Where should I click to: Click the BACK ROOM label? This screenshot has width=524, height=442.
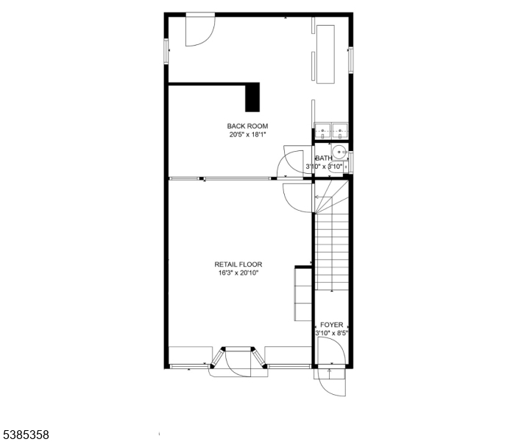(x=247, y=126)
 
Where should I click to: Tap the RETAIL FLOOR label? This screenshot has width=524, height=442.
(x=238, y=264)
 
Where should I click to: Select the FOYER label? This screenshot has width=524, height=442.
(x=331, y=325)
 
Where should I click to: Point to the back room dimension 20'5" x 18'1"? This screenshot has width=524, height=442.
(x=247, y=135)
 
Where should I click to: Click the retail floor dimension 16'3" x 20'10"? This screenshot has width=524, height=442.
(x=238, y=273)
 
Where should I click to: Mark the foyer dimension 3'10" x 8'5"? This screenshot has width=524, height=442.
(x=332, y=333)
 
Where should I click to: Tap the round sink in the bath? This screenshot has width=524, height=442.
(x=339, y=152)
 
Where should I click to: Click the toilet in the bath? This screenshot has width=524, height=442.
(x=336, y=168)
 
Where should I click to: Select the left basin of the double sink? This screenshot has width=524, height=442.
(x=322, y=130)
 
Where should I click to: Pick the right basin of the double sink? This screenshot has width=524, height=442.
(x=340, y=130)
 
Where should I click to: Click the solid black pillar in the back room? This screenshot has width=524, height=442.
(x=252, y=97)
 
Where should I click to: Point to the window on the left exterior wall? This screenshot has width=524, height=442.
(x=166, y=51)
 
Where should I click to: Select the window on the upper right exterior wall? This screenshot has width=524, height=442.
(x=350, y=60)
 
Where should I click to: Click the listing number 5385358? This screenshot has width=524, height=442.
(x=26, y=435)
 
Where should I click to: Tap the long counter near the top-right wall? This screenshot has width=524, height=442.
(x=325, y=55)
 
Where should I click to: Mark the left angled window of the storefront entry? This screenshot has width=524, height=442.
(x=217, y=357)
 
